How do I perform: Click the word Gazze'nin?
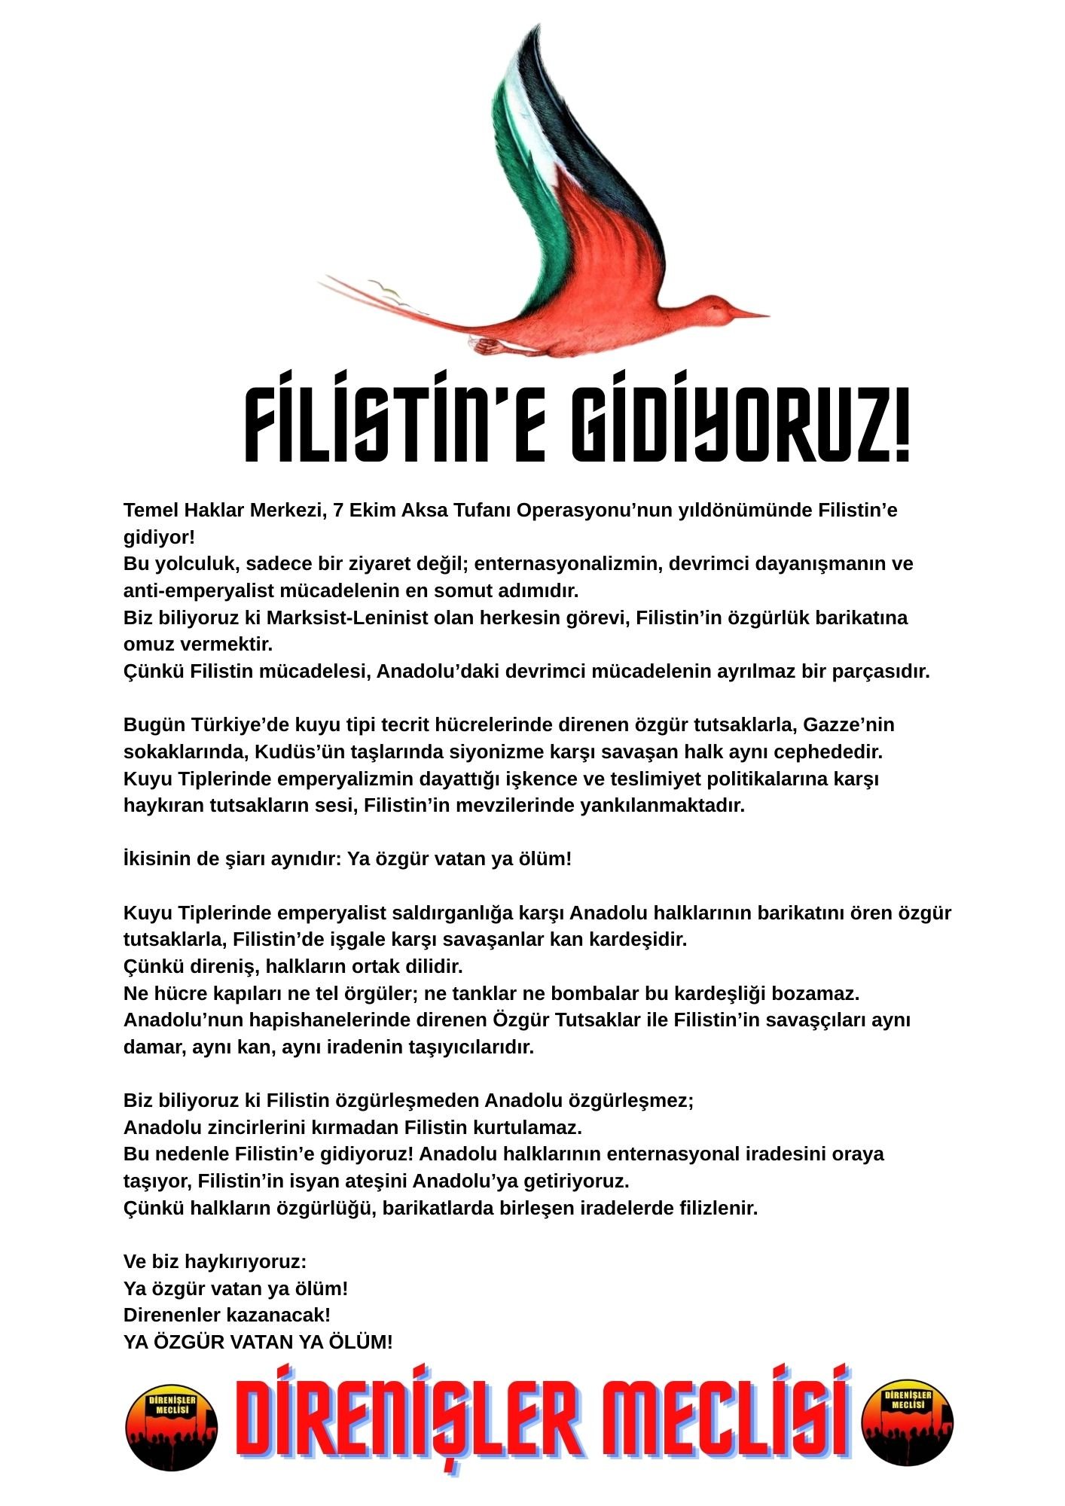coord(849,725)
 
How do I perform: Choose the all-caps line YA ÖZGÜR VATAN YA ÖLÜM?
coord(258,1342)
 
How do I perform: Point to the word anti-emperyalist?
coord(198,591)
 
